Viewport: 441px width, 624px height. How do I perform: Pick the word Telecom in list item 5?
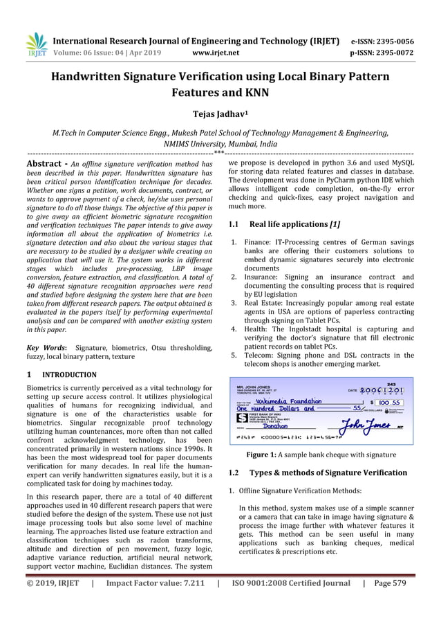pyautogui.click(x=257, y=356)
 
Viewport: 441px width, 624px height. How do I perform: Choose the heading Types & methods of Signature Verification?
pyautogui.click(x=328, y=472)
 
